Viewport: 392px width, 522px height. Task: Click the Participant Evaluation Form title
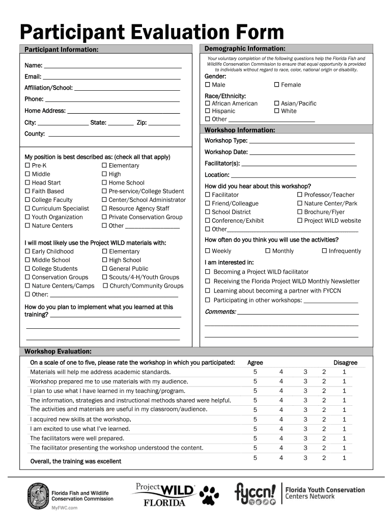pyautogui.click(x=152, y=32)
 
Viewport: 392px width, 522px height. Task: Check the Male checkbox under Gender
pyautogui.click(x=208, y=85)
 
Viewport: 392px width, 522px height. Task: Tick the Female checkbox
pyautogui.click(x=277, y=85)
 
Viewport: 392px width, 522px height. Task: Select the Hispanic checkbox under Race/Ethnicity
pyautogui.click(x=208, y=111)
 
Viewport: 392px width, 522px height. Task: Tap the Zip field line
pyautogui.click(x=164, y=124)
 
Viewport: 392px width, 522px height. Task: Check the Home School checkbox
pyautogui.click(x=104, y=183)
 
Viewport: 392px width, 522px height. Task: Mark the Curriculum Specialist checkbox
pyautogui.click(x=27, y=208)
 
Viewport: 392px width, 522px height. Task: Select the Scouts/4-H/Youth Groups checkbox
pyautogui.click(x=104, y=277)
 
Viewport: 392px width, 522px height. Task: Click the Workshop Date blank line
pyautogui.click(x=302, y=153)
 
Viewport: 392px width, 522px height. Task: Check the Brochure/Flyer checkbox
pyautogui.click(x=300, y=212)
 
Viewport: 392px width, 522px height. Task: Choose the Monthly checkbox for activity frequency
pyautogui.click(x=268, y=251)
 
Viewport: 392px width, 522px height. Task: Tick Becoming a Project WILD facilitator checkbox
pyautogui.click(x=208, y=272)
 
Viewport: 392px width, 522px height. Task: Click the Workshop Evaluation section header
pyautogui.click(x=58, y=352)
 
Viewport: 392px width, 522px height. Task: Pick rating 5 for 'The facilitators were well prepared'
pyautogui.click(x=255, y=438)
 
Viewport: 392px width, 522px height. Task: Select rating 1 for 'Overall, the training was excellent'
pyautogui.click(x=344, y=458)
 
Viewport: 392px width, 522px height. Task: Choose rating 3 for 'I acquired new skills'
pyautogui.click(x=305, y=419)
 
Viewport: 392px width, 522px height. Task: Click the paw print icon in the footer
pyautogui.click(x=210, y=494)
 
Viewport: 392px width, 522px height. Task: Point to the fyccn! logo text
pyautogui.click(x=255, y=492)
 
